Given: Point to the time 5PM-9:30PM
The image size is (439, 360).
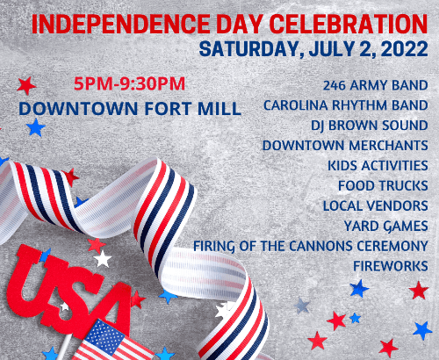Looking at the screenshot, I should (x=128, y=85).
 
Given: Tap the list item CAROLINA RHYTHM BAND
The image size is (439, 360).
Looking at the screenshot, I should (x=346, y=105).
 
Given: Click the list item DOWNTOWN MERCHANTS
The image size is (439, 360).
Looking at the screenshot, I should (x=345, y=145).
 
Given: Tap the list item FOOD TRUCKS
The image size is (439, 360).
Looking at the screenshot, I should (x=383, y=185).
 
